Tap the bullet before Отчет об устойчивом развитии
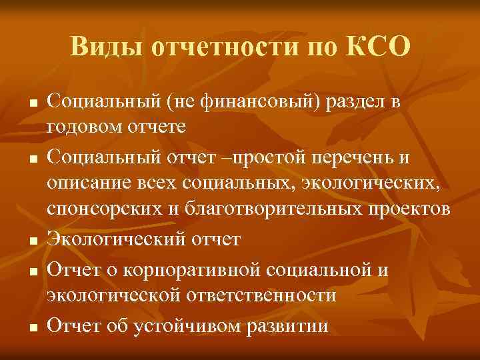click(32, 327)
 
